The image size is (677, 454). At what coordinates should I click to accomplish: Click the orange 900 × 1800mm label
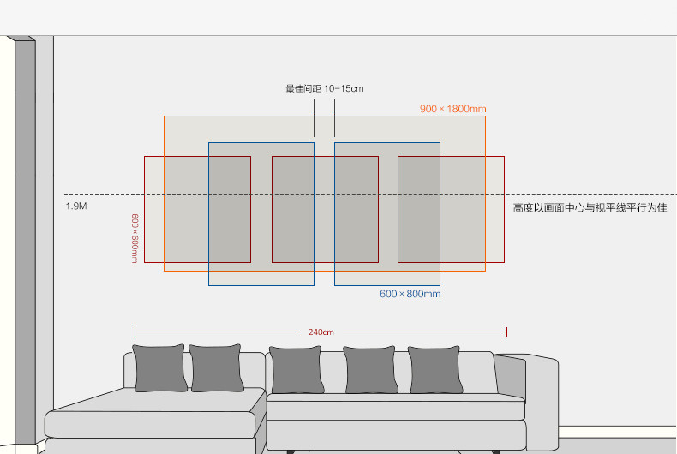pyautogui.click(x=452, y=109)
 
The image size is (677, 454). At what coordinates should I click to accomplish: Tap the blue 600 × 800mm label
pyautogui.click(x=410, y=294)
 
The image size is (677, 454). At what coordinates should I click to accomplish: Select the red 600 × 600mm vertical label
pyautogui.click(x=135, y=238)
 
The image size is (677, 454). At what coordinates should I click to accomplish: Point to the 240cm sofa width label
pyautogui.click(x=321, y=332)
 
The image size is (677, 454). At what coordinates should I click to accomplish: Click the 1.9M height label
pyautogui.click(x=76, y=206)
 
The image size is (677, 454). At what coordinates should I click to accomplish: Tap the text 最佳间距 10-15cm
pyautogui.click(x=324, y=88)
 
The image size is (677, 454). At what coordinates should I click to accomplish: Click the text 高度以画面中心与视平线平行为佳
pyautogui.click(x=589, y=207)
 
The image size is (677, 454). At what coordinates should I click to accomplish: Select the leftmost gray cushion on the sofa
pyautogui.click(x=159, y=368)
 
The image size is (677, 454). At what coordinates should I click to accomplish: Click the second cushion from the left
pyautogui.click(x=216, y=368)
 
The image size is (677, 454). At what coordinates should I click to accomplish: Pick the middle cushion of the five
pyautogui.click(x=296, y=371)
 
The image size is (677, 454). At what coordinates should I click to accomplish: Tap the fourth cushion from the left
pyautogui.click(x=369, y=370)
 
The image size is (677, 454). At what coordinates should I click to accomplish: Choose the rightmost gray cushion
pyautogui.click(x=434, y=370)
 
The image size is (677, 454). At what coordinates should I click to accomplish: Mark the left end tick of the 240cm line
pyautogui.click(x=135, y=332)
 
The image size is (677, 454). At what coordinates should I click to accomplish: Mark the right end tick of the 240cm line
pyautogui.click(x=506, y=332)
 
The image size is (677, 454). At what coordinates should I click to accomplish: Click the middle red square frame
pyautogui.click(x=325, y=209)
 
